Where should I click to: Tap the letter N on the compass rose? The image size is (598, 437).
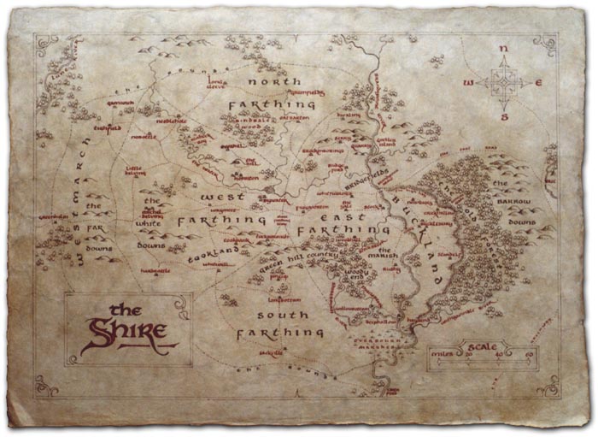(x=504, y=49)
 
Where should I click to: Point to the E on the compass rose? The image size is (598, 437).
(x=538, y=83)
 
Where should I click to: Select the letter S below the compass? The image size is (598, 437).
(x=504, y=117)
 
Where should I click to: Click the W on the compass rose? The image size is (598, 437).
(x=467, y=83)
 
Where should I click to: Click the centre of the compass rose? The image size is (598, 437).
(x=503, y=83)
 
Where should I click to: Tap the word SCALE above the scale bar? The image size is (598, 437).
(x=480, y=347)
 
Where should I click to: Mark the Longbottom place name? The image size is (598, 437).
(x=281, y=300)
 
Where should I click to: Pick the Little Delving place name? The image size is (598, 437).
(x=136, y=170)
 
